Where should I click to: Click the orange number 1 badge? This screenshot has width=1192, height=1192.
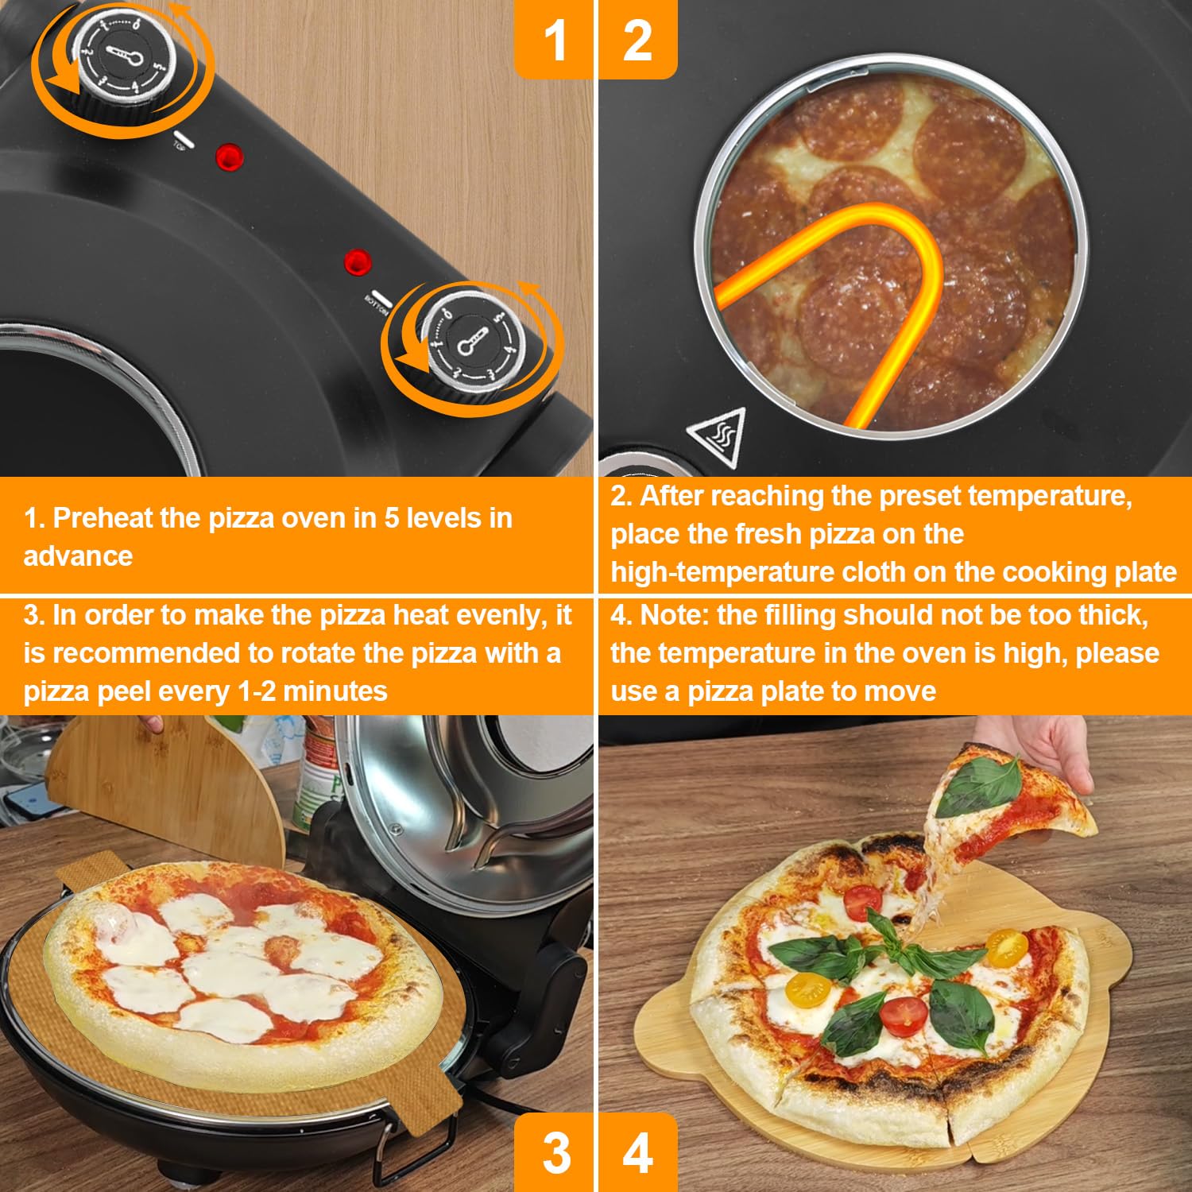554,39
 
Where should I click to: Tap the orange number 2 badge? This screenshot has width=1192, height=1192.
637,39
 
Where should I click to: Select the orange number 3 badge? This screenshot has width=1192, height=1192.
554,1152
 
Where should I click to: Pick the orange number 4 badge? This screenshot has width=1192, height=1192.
637,1152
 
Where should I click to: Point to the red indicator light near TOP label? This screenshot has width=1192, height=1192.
230,157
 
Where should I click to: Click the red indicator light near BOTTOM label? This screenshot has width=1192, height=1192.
358,261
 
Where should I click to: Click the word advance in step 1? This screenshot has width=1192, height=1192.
78,556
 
